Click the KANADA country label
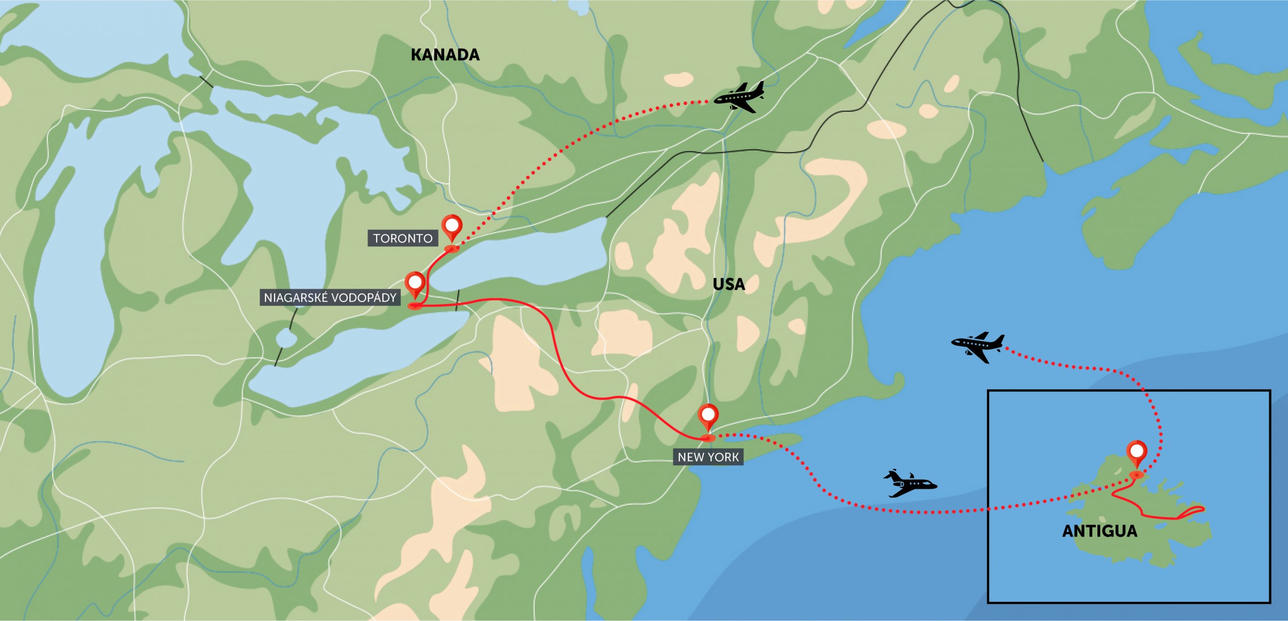[x=445, y=55]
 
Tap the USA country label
[x=729, y=284]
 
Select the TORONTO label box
[x=403, y=238]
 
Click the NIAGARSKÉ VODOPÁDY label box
[x=330, y=297]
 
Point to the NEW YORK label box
[x=708, y=457]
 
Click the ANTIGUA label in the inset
[x=1100, y=531]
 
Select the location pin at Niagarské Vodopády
[x=415, y=283]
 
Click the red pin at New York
[x=708, y=416]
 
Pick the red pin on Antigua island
[x=1137, y=454]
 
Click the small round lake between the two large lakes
[x=286, y=339]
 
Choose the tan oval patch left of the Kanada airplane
[x=678, y=79]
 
